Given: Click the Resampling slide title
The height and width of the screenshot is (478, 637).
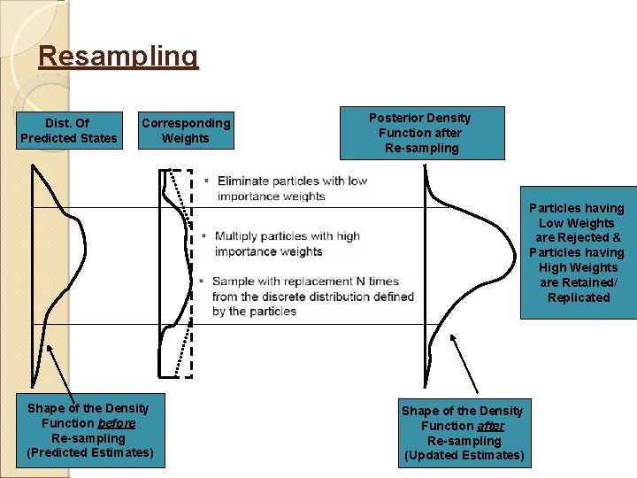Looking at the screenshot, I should pyautogui.click(x=119, y=57).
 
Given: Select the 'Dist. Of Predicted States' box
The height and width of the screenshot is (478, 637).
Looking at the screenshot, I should pyautogui.click(x=68, y=130).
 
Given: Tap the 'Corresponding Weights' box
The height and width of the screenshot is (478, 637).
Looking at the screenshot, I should pyautogui.click(x=186, y=130).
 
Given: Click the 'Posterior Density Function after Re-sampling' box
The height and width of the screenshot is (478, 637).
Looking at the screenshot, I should pyautogui.click(x=419, y=133).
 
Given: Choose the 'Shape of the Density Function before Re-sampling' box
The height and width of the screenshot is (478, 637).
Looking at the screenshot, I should pyautogui.click(x=89, y=430).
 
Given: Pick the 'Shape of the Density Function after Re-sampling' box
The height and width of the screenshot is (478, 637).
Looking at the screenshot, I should pyautogui.click(x=463, y=433).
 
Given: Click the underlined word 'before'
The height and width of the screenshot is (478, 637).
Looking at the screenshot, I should pyautogui.click(x=117, y=423).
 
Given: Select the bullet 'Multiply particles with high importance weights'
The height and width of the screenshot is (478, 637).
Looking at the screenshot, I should pyautogui.click(x=287, y=243).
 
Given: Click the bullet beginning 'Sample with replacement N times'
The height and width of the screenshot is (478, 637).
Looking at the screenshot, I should pyautogui.click(x=312, y=297).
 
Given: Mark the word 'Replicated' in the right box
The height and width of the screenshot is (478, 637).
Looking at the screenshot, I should pyautogui.click(x=578, y=297).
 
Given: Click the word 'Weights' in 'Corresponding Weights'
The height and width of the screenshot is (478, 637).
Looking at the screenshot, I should pyautogui.click(x=186, y=138).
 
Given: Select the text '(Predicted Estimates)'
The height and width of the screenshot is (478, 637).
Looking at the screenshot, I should pyautogui.click(x=89, y=452).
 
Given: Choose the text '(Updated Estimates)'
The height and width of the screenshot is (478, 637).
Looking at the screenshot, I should pyautogui.click(x=463, y=455).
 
